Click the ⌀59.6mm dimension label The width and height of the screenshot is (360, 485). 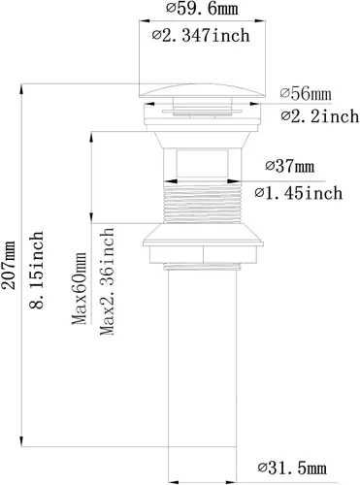[202, 9]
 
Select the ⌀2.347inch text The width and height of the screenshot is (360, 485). [201, 35]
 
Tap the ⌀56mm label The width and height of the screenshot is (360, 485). [306, 94]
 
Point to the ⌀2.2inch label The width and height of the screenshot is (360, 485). [320, 116]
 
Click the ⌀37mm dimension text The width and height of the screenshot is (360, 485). [290, 166]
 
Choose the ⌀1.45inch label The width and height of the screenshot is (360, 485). [298, 193]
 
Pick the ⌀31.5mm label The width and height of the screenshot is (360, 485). [292, 468]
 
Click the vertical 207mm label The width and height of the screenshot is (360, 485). [9, 265]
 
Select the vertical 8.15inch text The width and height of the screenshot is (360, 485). [36, 270]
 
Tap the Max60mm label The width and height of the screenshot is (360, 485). [80, 288]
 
